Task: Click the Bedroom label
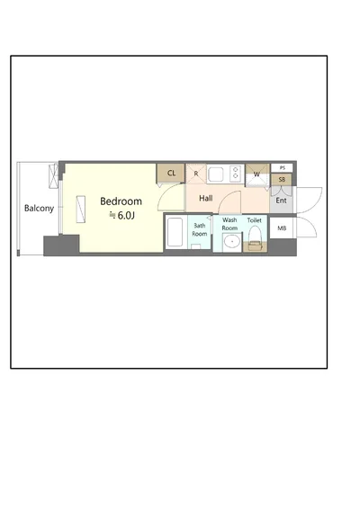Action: coord(121,201)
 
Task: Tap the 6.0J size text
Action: coord(126,216)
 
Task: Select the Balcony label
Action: coord(39,209)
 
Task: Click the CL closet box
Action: coord(171,174)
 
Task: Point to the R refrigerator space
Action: coord(196,174)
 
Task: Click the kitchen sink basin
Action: coord(216,174)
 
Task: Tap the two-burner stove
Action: coord(236,173)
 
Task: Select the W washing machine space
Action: coord(257,175)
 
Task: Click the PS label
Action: coord(282,168)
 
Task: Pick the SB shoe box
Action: coord(282,180)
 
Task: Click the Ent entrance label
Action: coord(281,201)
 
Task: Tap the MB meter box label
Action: coord(282,228)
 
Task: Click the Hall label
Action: coord(206,198)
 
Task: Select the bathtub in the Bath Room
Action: coord(175,232)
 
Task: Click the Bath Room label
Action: coord(200,229)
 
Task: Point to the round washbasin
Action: coord(232,242)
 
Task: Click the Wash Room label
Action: coord(229,224)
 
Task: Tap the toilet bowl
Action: coord(255,237)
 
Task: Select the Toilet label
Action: coord(254,220)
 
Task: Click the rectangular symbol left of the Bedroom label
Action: coord(81,209)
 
